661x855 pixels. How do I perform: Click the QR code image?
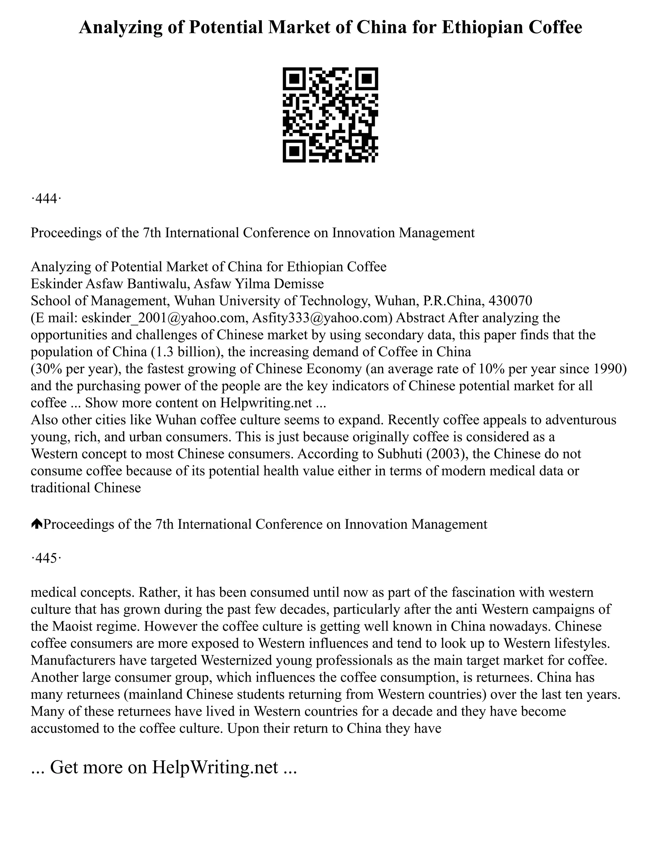pos(330,115)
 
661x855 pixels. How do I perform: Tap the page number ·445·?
pos(46,558)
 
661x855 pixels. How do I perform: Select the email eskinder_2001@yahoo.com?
pos(164,317)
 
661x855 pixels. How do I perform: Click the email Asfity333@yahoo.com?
pos(321,317)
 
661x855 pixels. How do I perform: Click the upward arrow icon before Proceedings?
pos(36,524)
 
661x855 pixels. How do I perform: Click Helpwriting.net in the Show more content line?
pos(266,403)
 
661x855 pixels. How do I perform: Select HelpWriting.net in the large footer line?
pos(215,767)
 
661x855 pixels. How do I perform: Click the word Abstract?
pos(420,317)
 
